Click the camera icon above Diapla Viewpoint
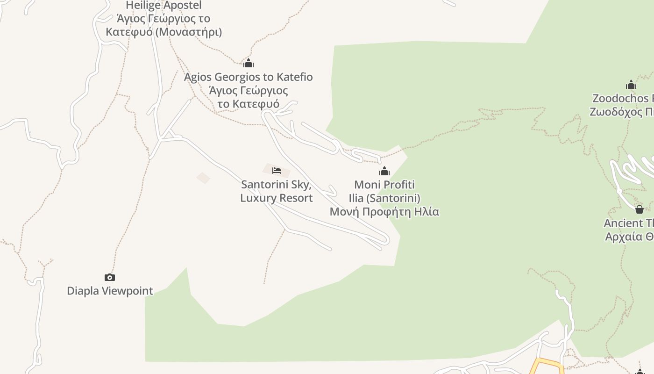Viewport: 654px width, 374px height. pyautogui.click(x=110, y=277)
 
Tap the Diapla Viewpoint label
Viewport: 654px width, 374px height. pyautogui.click(x=110, y=291)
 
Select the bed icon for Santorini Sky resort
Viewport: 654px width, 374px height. pyautogui.click(x=277, y=171)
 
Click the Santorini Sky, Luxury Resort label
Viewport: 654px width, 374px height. pyautogui.click(x=277, y=191)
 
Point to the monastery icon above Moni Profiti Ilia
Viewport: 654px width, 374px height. pyautogui.click(x=384, y=172)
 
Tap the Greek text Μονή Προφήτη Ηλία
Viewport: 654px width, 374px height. pyautogui.click(x=384, y=212)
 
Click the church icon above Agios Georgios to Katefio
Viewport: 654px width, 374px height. pyautogui.click(x=248, y=63)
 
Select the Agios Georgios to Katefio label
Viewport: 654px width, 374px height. pyautogui.click(x=248, y=77)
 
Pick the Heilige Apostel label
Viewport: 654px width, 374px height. pyautogui.click(x=163, y=6)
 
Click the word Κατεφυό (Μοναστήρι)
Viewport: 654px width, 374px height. pyautogui.click(x=163, y=32)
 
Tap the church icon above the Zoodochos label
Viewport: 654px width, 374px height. pyautogui.click(x=631, y=85)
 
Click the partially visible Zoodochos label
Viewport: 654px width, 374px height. pyautogui.click(x=622, y=98)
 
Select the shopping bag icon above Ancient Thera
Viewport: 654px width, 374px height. pyautogui.click(x=640, y=209)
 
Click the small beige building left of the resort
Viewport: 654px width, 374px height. pyautogui.click(x=203, y=178)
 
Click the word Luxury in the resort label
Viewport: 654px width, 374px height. pyautogui.click(x=258, y=198)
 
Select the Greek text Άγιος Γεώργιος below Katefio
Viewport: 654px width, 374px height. pyautogui.click(x=248, y=90)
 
